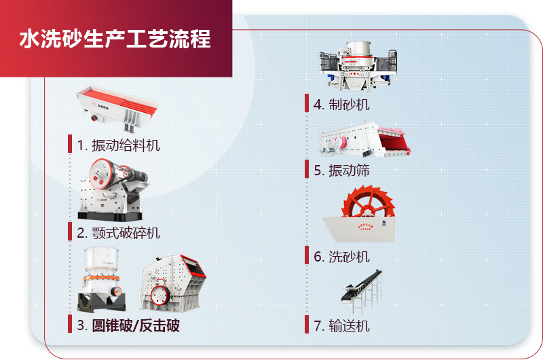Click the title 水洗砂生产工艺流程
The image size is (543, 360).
115,38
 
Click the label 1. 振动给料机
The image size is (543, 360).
118,145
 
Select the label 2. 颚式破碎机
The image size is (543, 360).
118,233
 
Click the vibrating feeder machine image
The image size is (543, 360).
117,106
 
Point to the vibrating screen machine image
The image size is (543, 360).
364,141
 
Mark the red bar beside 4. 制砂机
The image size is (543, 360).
307,103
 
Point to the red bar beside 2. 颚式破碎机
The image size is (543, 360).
70,232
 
